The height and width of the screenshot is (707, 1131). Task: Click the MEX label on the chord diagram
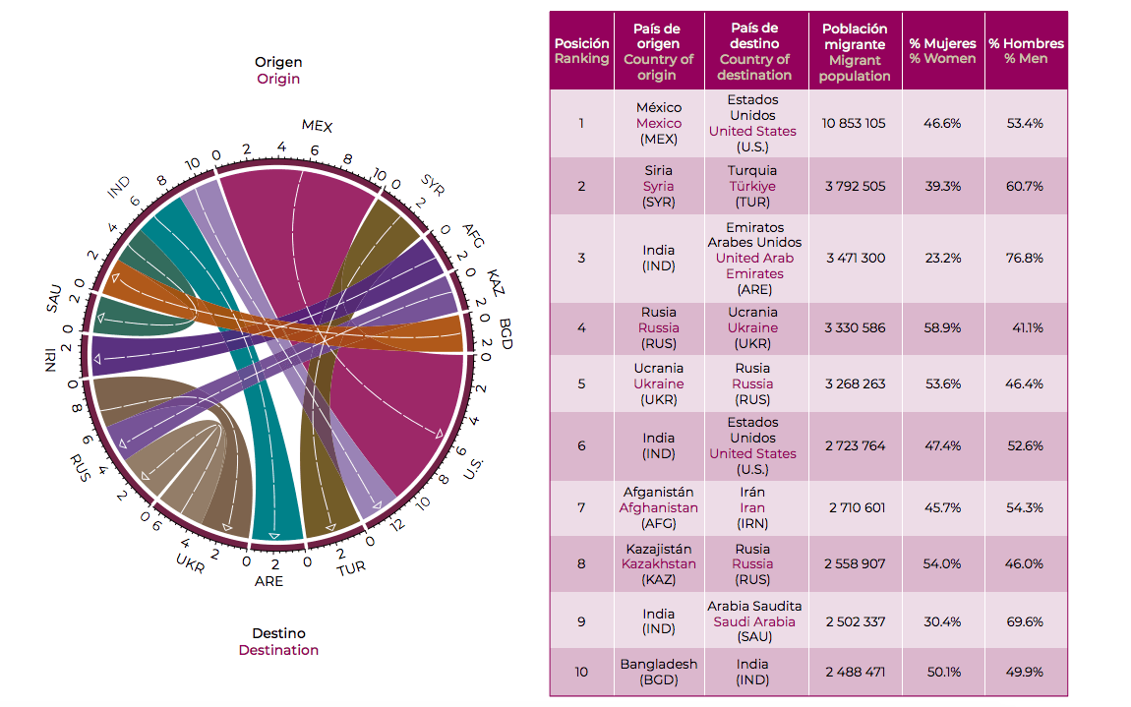tap(317, 126)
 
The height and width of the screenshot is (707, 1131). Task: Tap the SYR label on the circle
tap(433, 182)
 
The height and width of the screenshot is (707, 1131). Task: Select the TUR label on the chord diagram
tap(351, 569)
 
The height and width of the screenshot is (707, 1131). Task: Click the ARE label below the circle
tap(268, 581)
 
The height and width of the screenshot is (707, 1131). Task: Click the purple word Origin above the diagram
tap(278, 79)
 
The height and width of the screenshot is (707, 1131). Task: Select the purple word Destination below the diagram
tap(278, 650)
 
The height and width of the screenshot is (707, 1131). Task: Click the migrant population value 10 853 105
tap(854, 123)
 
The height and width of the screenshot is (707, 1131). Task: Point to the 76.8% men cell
tap(1026, 258)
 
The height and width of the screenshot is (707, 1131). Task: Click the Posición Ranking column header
tap(581, 51)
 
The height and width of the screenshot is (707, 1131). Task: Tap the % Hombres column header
tap(1026, 51)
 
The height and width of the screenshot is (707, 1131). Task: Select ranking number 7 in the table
tap(581, 507)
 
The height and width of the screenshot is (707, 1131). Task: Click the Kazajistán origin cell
tap(658, 563)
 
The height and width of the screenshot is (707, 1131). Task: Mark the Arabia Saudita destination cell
tap(754, 620)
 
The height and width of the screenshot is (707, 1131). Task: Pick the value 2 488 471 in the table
tap(854, 672)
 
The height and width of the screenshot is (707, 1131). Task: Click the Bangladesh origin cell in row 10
tap(658, 672)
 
